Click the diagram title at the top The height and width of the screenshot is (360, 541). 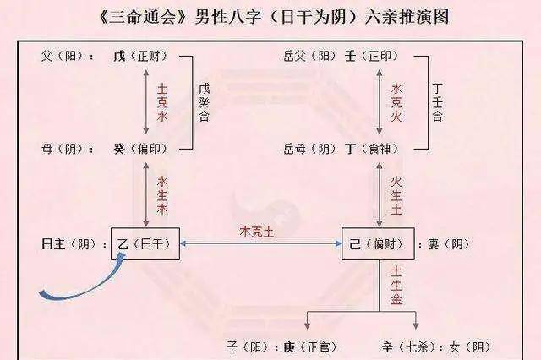274,17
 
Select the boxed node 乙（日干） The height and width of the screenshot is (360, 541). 145,243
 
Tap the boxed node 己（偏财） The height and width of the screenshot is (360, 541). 378,243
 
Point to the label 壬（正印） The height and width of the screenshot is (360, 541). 372,56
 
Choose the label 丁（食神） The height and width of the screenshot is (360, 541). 372,149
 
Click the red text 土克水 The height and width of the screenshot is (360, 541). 162,103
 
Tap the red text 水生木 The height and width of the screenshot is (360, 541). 162,195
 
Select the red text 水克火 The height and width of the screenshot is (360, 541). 396,102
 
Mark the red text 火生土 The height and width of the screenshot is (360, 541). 396,195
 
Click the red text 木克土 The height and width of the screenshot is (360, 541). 257,232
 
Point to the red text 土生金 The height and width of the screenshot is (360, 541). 396,286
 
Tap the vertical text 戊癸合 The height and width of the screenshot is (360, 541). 204,102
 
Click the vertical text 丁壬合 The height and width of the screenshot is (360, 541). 438,102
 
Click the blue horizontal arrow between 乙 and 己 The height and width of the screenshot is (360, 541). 261,243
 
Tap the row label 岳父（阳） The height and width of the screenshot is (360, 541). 309,56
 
